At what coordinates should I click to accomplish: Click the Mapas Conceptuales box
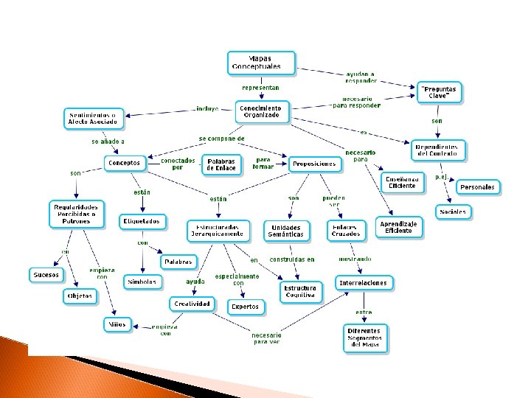point(261,62)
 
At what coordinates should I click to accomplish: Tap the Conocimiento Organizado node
point(260,111)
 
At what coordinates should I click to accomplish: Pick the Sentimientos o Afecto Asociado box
point(93,117)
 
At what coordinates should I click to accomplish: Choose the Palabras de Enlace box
point(221,164)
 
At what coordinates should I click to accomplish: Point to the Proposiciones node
point(314,164)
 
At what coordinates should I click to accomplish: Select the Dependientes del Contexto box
point(440,150)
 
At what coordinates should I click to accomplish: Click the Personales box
point(477,187)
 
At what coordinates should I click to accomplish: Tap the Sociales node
point(453,212)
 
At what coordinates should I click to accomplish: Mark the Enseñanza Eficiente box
point(403,182)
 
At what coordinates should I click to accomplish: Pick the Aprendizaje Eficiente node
point(399,226)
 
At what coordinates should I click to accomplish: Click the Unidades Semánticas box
point(287,230)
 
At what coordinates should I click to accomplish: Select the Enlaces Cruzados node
point(347,230)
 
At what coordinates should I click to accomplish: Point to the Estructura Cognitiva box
point(300,291)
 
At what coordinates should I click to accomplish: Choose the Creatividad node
point(191,304)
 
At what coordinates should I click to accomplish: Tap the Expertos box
point(245,306)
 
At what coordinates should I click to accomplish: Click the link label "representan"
point(261,87)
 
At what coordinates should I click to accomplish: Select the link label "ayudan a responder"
point(361,77)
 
